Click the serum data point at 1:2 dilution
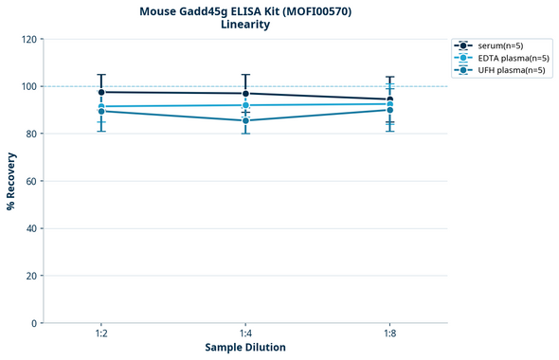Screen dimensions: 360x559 [101, 92]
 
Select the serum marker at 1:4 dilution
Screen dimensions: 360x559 [245, 93]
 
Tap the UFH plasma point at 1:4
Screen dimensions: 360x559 [245, 120]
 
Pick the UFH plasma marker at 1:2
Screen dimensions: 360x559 [101, 111]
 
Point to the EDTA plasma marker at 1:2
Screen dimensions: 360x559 [101, 106]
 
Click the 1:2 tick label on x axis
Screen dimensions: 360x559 [101, 334]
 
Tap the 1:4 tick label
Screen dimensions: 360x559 [245, 334]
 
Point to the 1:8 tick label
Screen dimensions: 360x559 [389, 334]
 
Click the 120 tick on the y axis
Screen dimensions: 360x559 [29, 39]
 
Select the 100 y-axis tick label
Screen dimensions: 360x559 [29, 86]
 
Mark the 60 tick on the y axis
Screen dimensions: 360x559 [32, 181]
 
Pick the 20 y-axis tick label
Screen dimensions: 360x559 [32, 276]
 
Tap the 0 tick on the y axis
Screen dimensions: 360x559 [35, 323]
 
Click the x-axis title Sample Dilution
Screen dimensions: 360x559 [245, 348]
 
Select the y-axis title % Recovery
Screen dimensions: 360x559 [11, 180]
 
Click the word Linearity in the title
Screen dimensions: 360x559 [245, 25]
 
